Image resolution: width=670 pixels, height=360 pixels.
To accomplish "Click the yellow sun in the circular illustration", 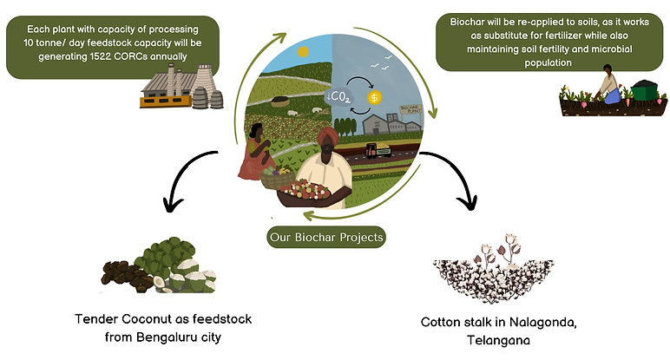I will click(x=302, y=52).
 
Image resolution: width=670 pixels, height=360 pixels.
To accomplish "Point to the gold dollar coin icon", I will click(x=374, y=98).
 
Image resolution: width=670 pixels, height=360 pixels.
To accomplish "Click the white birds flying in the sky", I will click(x=384, y=62).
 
